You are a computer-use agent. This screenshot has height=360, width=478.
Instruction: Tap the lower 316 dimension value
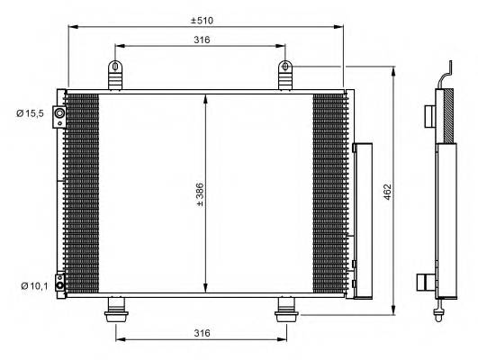pyautogui.click(x=202, y=333)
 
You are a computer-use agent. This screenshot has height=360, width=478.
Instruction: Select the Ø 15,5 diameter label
pyautogui.click(x=29, y=113)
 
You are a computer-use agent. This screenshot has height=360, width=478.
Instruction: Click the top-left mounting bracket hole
pyautogui.click(x=115, y=66)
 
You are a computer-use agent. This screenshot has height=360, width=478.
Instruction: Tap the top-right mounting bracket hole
pyautogui.click(x=285, y=66)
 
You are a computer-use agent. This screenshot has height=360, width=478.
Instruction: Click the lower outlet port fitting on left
pyautogui.click(x=59, y=285)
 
